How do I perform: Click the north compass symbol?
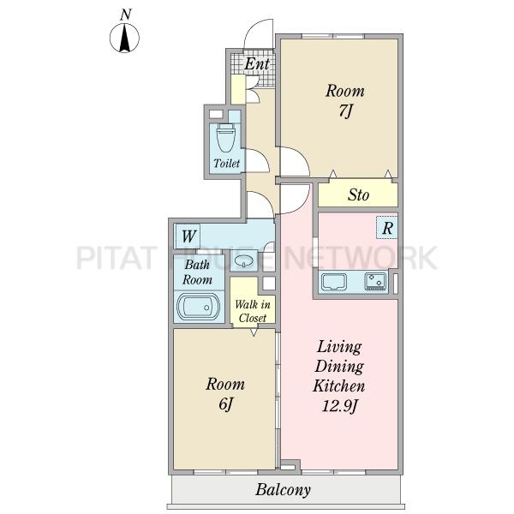click(124, 38)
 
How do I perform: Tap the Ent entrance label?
click(257, 63)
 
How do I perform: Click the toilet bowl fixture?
click(226, 137)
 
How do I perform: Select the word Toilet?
click(226, 163)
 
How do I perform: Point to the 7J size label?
click(345, 111)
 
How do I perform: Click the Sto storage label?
click(358, 195)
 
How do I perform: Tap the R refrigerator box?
click(387, 228)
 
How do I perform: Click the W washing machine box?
click(188, 236)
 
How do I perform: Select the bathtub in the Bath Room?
click(199, 307)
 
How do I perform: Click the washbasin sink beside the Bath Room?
click(244, 261)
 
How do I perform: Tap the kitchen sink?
click(334, 282)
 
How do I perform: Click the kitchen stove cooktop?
click(375, 281)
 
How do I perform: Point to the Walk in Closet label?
click(253, 311)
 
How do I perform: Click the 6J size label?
click(225, 404)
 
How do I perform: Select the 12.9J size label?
click(339, 406)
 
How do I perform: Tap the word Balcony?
click(284, 490)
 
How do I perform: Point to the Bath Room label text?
click(197, 272)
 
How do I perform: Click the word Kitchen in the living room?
click(339, 385)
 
